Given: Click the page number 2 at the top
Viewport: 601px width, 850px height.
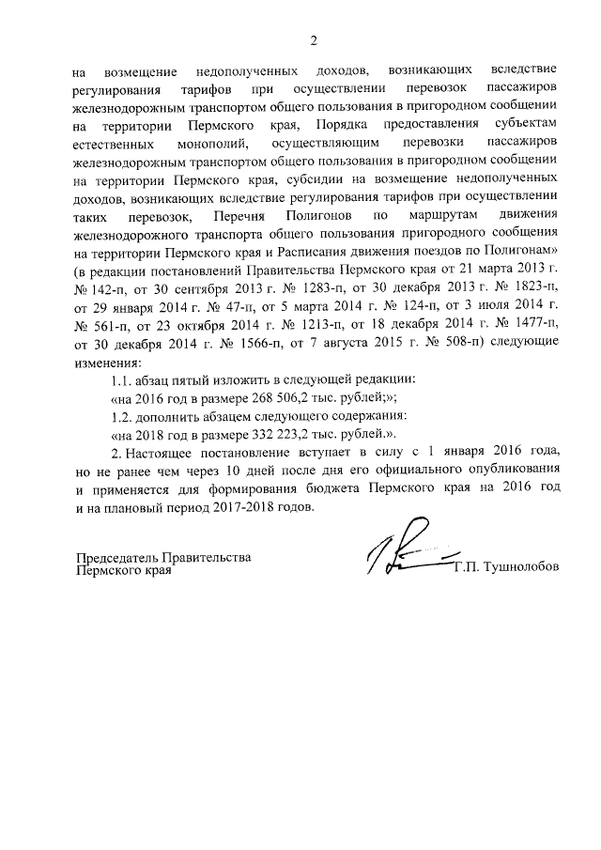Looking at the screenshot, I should pos(315,40).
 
